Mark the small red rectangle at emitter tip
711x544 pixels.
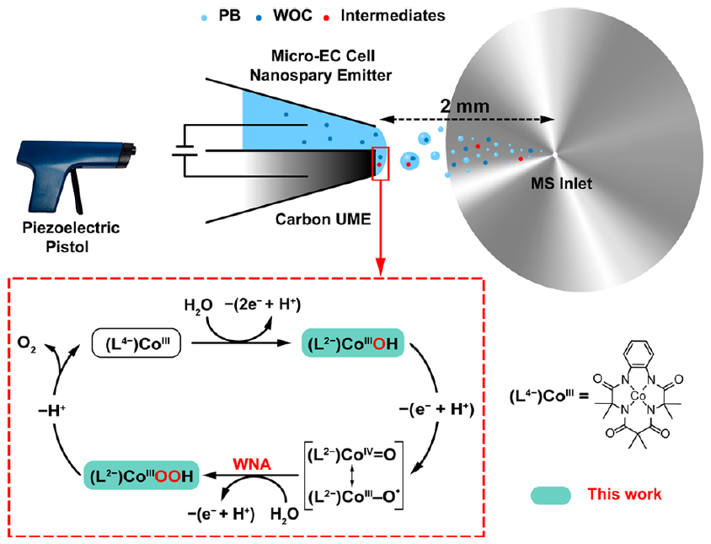point(380,163)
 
